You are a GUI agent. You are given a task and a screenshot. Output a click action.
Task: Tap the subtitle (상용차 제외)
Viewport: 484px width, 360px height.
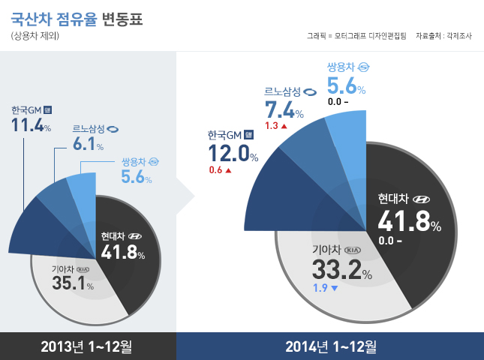pos(35,37)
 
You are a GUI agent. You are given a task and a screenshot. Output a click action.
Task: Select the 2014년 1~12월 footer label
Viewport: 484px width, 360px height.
pos(330,346)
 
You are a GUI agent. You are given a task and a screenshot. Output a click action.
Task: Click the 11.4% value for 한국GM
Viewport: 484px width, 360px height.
pos(31,125)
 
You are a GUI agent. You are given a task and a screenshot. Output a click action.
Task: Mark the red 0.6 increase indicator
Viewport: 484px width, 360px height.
pos(220,170)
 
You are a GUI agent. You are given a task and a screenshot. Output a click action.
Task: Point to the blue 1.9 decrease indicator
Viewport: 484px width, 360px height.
pos(325,287)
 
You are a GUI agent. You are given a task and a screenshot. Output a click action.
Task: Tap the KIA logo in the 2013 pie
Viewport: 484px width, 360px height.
pos(83,268)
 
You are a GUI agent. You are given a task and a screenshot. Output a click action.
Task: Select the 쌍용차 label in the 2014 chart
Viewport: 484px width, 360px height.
pos(341,67)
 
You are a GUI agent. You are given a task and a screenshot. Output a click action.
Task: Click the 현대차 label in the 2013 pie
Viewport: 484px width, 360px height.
pos(114,236)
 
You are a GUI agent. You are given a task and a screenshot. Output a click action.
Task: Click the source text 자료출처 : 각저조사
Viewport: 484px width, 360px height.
pos(443,35)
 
